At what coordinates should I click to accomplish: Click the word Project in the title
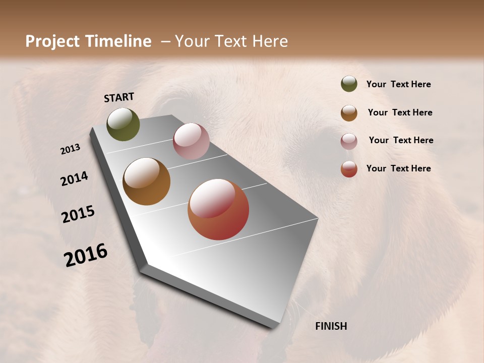click(x=52, y=41)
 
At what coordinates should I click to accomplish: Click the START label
click(x=119, y=97)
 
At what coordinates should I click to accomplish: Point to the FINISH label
click(x=331, y=326)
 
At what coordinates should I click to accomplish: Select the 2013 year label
click(x=70, y=149)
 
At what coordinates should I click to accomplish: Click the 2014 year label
click(x=74, y=178)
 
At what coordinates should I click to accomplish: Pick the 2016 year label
click(x=86, y=255)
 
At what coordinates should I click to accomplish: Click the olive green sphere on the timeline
click(x=123, y=124)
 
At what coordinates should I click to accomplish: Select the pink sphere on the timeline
click(x=191, y=141)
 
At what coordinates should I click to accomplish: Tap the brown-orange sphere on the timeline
click(x=146, y=181)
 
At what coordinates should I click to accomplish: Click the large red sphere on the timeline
click(x=218, y=209)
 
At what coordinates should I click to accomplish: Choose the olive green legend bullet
click(x=349, y=84)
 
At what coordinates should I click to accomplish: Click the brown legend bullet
click(x=349, y=113)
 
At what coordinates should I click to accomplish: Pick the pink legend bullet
click(x=349, y=141)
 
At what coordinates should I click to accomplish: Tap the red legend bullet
click(x=349, y=169)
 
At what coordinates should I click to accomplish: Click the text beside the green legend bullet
click(x=398, y=84)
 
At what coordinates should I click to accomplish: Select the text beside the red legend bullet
click(x=398, y=168)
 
